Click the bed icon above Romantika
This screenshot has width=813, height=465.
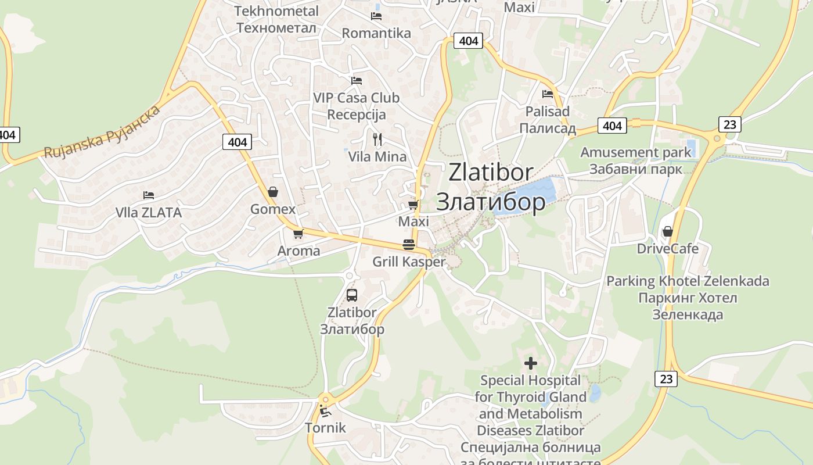(x=376, y=16)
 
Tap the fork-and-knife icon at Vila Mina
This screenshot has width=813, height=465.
(x=377, y=139)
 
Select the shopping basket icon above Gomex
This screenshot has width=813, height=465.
(x=272, y=192)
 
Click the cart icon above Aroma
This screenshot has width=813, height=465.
(x=298, y=234)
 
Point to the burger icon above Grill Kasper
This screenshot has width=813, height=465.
(x=409, y=244)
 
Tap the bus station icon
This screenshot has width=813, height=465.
(x=352, y=295)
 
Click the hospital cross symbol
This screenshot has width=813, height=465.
(x=531, y=363)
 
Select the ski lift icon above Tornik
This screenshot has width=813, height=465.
(x=325, y=412)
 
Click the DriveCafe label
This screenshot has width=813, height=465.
(x=668, y=249)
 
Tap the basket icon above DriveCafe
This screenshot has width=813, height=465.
(x=668, y=231)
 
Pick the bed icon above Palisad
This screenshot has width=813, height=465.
(x=547, y=94)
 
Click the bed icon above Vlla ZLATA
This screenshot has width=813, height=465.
(x=149, y=195)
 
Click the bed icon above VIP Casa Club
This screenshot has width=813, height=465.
(x=356, y=81)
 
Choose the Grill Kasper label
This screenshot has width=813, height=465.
(x=409, y=262)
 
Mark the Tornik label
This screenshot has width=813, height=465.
(x=325, y=428)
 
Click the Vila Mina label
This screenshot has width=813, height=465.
(x=377, y=156)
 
